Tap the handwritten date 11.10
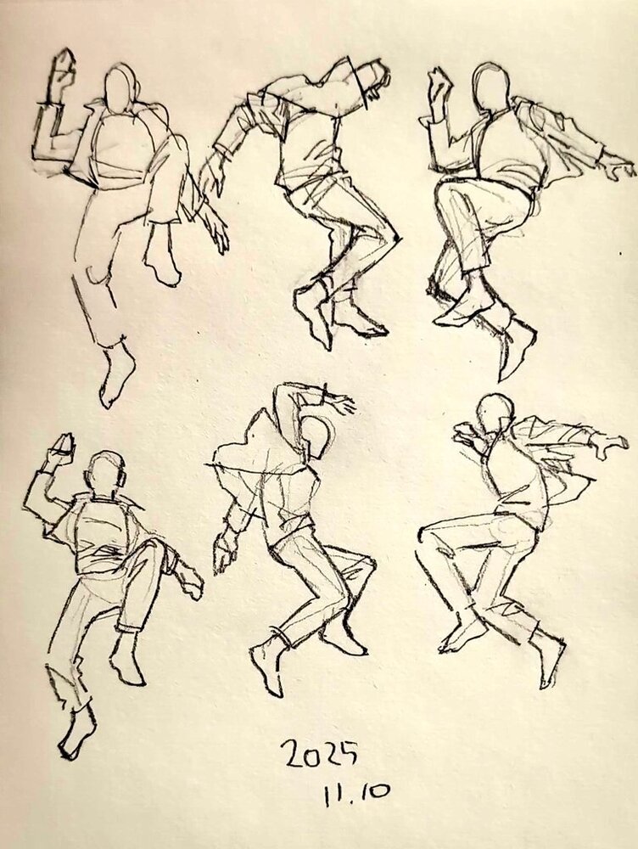click(356, 794)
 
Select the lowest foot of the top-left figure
click(116, 375)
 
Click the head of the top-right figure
click(490, 87)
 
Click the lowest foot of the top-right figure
click(517, 346)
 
